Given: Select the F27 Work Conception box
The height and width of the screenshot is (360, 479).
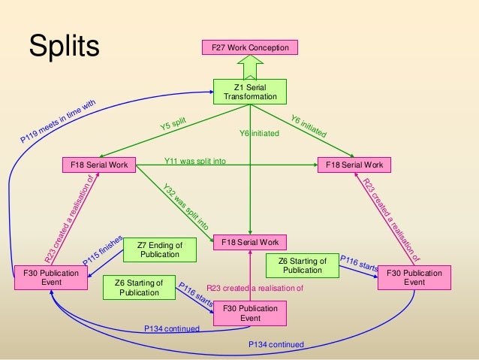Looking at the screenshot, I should [250, 48].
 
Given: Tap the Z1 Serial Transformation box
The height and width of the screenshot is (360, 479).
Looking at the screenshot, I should [250, 92].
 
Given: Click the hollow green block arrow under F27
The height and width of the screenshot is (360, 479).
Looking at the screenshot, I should [250, 66].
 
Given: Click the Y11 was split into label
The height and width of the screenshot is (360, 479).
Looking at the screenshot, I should [195, 161].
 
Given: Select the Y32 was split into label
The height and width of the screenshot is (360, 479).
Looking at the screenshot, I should [186, 205].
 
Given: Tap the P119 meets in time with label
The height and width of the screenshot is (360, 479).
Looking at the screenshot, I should [59, 122].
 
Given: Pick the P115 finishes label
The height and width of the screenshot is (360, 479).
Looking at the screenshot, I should [101, 249].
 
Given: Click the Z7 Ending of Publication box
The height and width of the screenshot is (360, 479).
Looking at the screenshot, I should [160, 250].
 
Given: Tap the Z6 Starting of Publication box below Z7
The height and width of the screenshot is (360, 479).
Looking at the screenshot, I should [134, 287].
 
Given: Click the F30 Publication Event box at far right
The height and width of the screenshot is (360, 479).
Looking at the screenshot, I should [414, 277].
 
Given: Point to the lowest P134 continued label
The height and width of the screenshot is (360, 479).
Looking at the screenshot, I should [276, 344].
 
